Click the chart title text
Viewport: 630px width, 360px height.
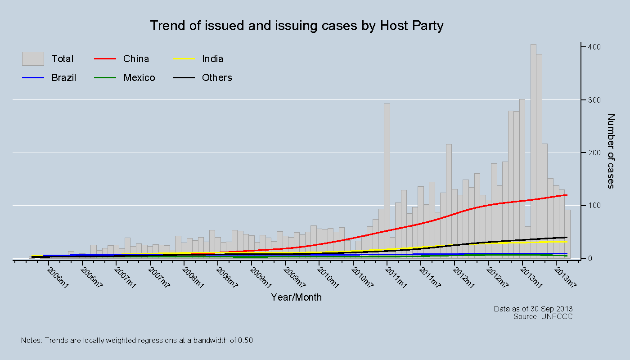tap(297, 26)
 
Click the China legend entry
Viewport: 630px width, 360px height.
tap(136, 59)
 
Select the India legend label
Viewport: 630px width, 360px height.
tap(212, 59)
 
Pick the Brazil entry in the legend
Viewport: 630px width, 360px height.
tap(63, 78)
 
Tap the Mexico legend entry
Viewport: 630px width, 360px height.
tap(139, 78)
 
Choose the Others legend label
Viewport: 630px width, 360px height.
tap(217, 78)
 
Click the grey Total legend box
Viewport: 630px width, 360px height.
tap(33, 59)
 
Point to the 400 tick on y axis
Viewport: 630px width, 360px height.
tap(592, 47)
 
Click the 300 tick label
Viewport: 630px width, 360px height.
tap(592, 100)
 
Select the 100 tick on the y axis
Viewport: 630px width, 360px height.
tap(592, 206)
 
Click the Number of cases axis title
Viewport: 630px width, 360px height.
tap(611, 151)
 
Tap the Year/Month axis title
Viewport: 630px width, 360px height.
tap(296, 297)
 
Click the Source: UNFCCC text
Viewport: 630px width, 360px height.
tap(543, 316)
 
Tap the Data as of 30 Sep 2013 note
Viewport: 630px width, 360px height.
tap(533, 309)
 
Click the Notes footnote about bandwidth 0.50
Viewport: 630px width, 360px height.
tap(137, 341)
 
